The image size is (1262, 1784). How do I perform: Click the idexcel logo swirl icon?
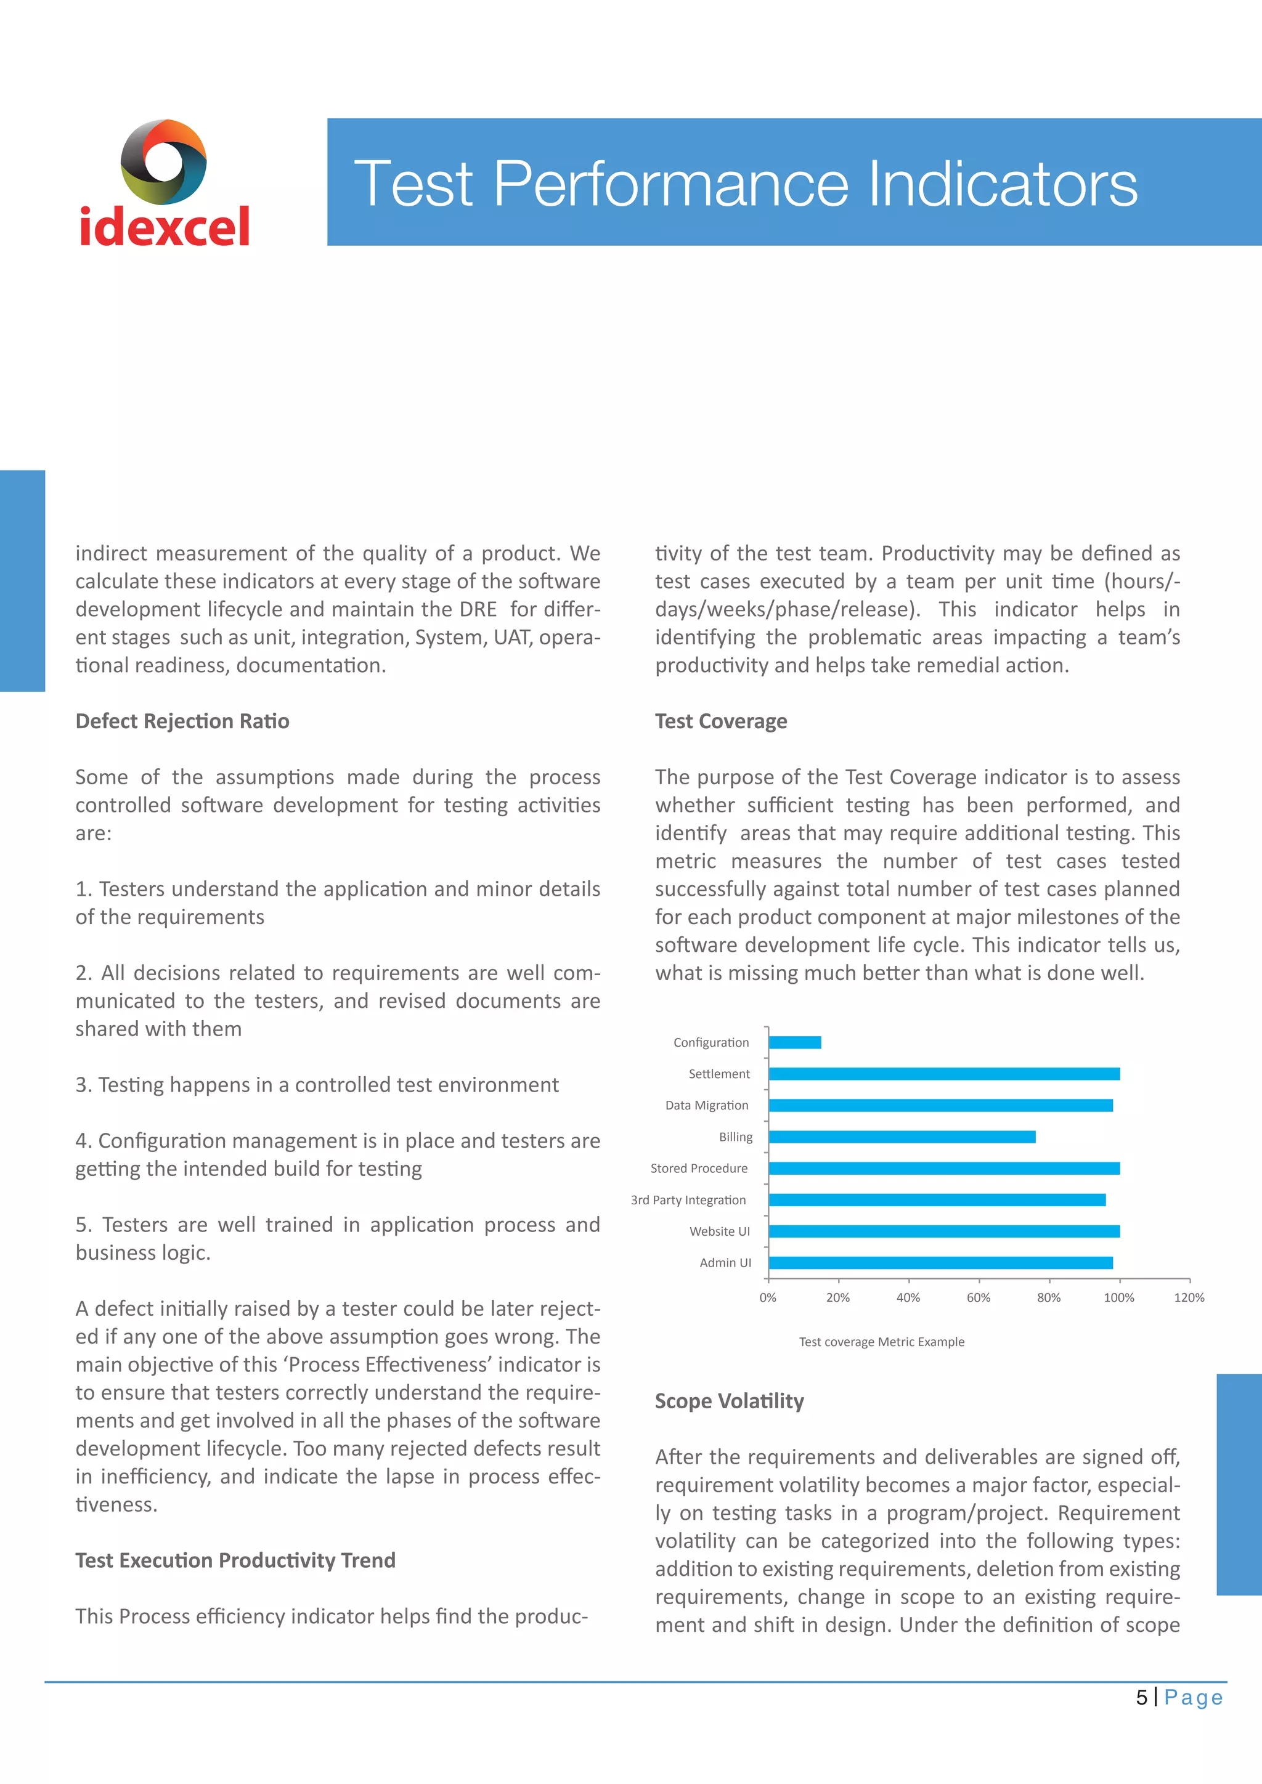point(163,161)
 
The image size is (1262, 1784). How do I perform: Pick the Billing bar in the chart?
point(902,1137)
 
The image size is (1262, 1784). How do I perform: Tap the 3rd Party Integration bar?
point(937,1199)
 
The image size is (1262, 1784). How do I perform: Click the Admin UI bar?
point(940,1263)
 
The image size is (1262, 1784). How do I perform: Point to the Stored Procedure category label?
point(699,1168)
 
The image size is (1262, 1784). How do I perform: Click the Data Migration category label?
point(706,1105)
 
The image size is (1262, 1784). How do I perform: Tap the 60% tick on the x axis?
point(979,1297)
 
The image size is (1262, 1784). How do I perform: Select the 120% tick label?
point(1189,1297)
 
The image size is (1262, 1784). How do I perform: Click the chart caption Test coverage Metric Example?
point(881,1342)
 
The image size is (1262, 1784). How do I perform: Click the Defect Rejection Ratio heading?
point(182,721)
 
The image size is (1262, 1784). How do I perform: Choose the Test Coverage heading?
point(720,721)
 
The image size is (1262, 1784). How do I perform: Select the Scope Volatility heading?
point(729,1401)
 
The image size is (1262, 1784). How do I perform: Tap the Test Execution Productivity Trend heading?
point(235,1560)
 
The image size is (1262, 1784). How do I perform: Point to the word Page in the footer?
point(1194,1698)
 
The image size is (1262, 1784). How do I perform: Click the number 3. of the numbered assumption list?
point(83,1085)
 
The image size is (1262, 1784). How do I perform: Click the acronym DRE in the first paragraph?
point(477,609)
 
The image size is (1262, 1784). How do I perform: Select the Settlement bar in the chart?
point(943,1074)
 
